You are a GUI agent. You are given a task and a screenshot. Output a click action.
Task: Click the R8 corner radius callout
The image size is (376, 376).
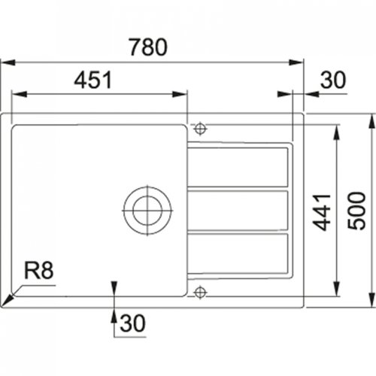(x=40, y=268)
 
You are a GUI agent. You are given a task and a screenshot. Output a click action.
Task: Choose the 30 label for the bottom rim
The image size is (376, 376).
(x=131, y=325)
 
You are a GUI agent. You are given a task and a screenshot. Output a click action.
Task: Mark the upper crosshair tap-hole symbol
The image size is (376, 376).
(x=199, y=125)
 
